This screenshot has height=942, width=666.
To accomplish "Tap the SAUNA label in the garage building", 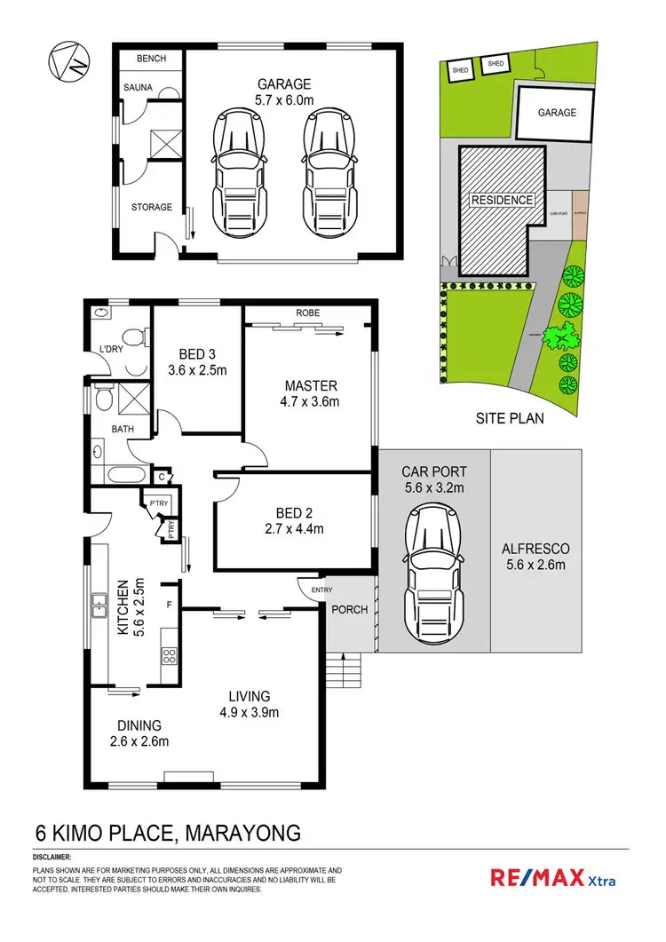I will (138, 88).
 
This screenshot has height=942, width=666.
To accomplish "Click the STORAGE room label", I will (152, 207).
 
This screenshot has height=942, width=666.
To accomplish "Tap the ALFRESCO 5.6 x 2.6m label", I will (536, 557).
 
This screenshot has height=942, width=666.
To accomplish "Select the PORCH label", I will (350, 610).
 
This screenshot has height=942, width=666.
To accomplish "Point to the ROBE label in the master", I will (308, 313).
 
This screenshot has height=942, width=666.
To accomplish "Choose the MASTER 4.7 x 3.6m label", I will (310, 393).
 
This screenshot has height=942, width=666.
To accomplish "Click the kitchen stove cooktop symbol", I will (168, 657).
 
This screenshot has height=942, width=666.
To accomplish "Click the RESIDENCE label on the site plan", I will (502, 200).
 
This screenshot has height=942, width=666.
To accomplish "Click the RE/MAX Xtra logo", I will (552, 879).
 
